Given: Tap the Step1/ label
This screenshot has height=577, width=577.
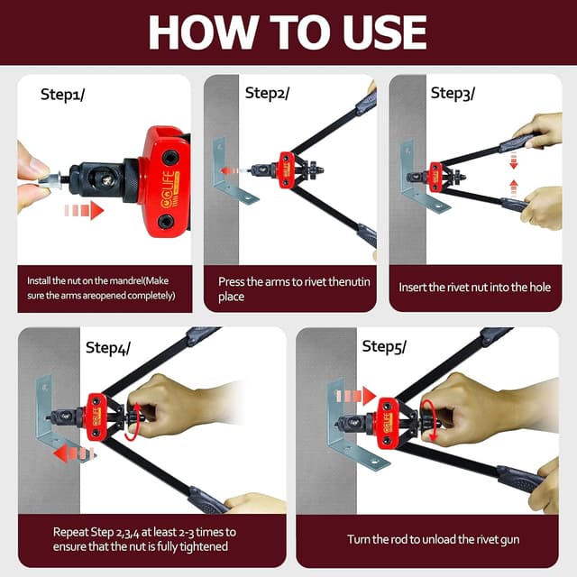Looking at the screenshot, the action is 62,95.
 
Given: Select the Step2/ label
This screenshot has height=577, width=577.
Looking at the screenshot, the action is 267,93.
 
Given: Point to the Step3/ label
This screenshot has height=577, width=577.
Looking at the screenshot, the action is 453,94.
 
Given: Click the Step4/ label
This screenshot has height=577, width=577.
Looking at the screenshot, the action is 108,348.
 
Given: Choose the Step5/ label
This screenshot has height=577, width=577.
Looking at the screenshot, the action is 384,346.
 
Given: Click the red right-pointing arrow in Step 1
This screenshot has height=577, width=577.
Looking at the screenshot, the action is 84,210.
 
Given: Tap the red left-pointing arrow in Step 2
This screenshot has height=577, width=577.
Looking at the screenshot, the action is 231,170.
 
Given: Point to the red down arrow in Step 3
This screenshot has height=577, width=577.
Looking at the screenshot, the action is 514,160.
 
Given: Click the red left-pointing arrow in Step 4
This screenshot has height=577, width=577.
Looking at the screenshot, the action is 74,453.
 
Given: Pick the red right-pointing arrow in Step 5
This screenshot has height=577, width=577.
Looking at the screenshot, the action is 355,397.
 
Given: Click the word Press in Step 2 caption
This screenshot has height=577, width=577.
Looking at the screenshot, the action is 231,282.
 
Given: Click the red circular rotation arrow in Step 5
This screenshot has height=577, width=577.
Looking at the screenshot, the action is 429,419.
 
